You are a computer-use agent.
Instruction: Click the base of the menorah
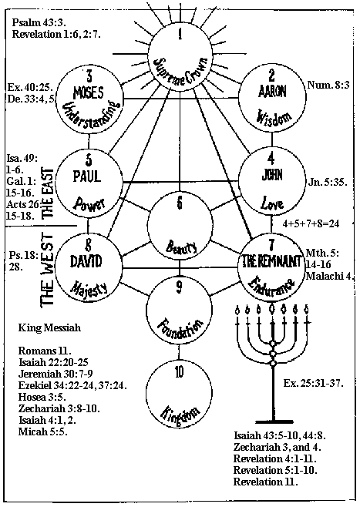point(274,421)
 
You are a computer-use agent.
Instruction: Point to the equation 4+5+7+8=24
point(311,223)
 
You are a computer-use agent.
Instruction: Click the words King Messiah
point(49,328)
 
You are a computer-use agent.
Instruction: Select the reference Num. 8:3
point(328,85)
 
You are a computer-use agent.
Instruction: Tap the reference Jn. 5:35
point(328,182)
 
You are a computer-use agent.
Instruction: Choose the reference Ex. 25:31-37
point(313,384)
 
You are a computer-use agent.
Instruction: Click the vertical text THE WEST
point(48,269)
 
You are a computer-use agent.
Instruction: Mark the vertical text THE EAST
point(48,193)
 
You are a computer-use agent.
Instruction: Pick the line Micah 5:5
point(42,431)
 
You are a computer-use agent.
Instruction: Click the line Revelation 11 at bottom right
point(265,482)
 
